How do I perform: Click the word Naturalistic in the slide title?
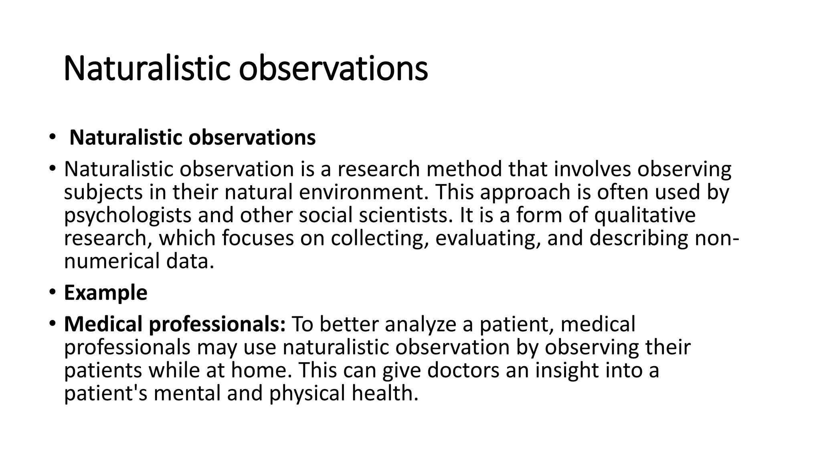(148, 69)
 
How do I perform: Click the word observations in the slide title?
(334, 69)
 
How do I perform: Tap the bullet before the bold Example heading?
(52, 292)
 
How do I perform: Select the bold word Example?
(105, 293)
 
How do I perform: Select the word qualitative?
(645, 215)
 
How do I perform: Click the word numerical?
(112, 261)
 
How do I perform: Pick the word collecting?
(380, 239)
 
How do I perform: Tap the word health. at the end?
(385, 393)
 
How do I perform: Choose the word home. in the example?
(261, 370)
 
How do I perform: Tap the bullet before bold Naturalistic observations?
(52, 138)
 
